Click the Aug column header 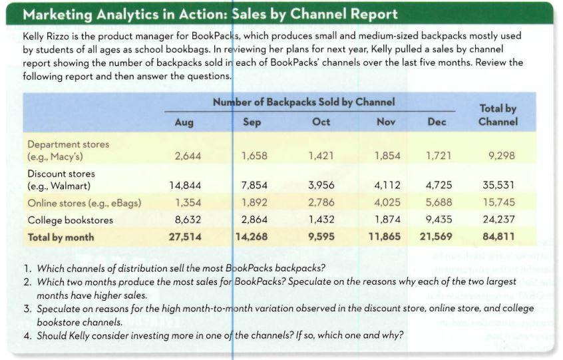(x=184, y=122)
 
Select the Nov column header (x=385, y=122)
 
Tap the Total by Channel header (x=497, y=115)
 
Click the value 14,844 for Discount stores (x=185, y=185)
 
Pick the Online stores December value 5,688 (x=438, y=202)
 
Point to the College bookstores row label (x=71, y=220)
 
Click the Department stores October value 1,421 (x=321, y=156)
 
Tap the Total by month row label (x=61, y=237)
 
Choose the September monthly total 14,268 (x=252, y=236)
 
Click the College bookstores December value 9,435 (x=438, y=220)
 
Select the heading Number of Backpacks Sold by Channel (x=303, y=102)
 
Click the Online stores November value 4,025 (x=387, y=202)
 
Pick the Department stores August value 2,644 (x=186, y=156)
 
